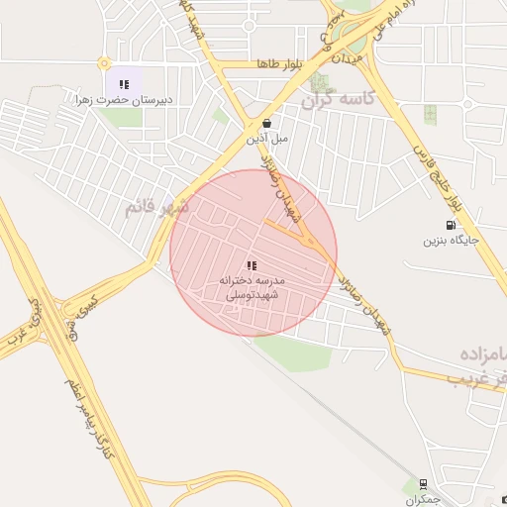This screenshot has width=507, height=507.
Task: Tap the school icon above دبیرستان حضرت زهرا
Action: tap(124, 84)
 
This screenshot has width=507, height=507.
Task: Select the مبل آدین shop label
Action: tap(267, 139)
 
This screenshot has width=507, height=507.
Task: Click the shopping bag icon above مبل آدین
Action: tap(267, 124)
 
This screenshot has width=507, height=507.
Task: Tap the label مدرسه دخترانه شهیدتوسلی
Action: tap(252, 288)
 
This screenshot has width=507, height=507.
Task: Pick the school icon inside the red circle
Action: tap(252, 266)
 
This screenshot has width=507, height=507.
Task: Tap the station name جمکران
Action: tap(426, 500)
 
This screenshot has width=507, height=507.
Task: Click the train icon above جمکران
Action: tap(424, 484)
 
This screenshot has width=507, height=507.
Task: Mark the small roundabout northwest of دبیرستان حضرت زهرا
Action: tap(104, 63)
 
